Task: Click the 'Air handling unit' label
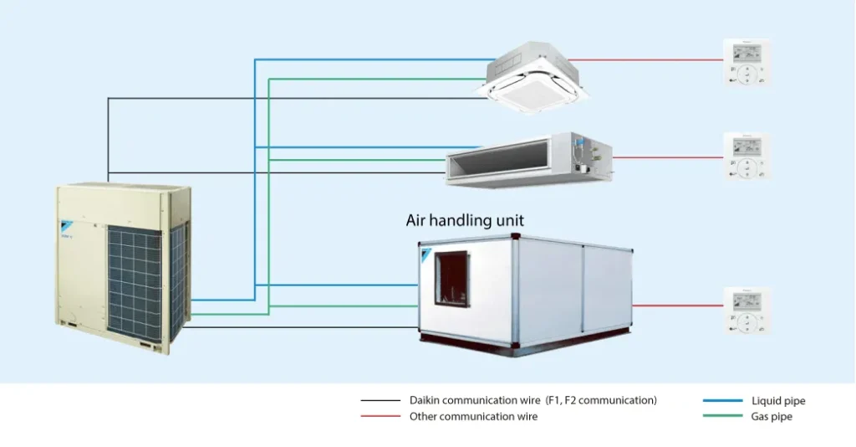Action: tap(465, 221)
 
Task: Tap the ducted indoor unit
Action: tap(528, 158)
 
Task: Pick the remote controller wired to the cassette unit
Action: tap(747, 62)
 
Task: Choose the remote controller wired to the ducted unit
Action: tap(747, 157)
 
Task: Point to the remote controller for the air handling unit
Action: tap(747, 311)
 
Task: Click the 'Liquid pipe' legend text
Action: tap(778, 401)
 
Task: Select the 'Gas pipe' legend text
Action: tap(772, 416)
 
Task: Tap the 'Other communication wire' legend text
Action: tap(473, 416)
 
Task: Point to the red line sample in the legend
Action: tap(380, 416)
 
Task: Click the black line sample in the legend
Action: tap(380, 401)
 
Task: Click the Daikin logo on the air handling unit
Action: tap(427, 254)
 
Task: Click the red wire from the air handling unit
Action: tap(678, 306)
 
